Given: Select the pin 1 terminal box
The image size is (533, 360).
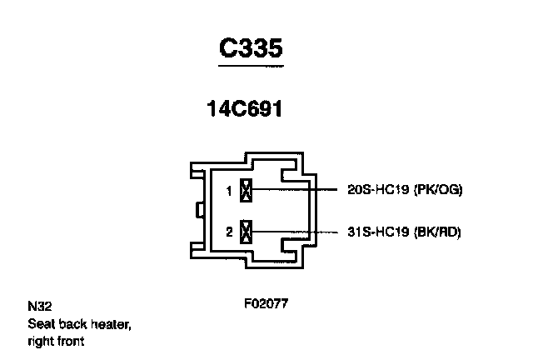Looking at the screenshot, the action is tap(246, 191).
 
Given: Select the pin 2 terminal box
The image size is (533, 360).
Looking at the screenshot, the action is tap(246, 232).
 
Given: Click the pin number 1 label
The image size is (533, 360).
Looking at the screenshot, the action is tap(228, 192).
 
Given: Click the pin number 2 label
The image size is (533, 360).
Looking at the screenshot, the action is tap(228, 232).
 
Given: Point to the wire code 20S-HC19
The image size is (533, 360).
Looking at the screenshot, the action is tap(376, 190).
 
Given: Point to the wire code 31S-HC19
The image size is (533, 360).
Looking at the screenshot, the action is tap(376, 232).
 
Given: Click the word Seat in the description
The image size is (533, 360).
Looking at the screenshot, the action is tap(40, 323).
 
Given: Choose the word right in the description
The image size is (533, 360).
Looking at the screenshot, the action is tap(41, 341).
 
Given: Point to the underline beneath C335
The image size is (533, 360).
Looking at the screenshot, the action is tap(252, 64).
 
